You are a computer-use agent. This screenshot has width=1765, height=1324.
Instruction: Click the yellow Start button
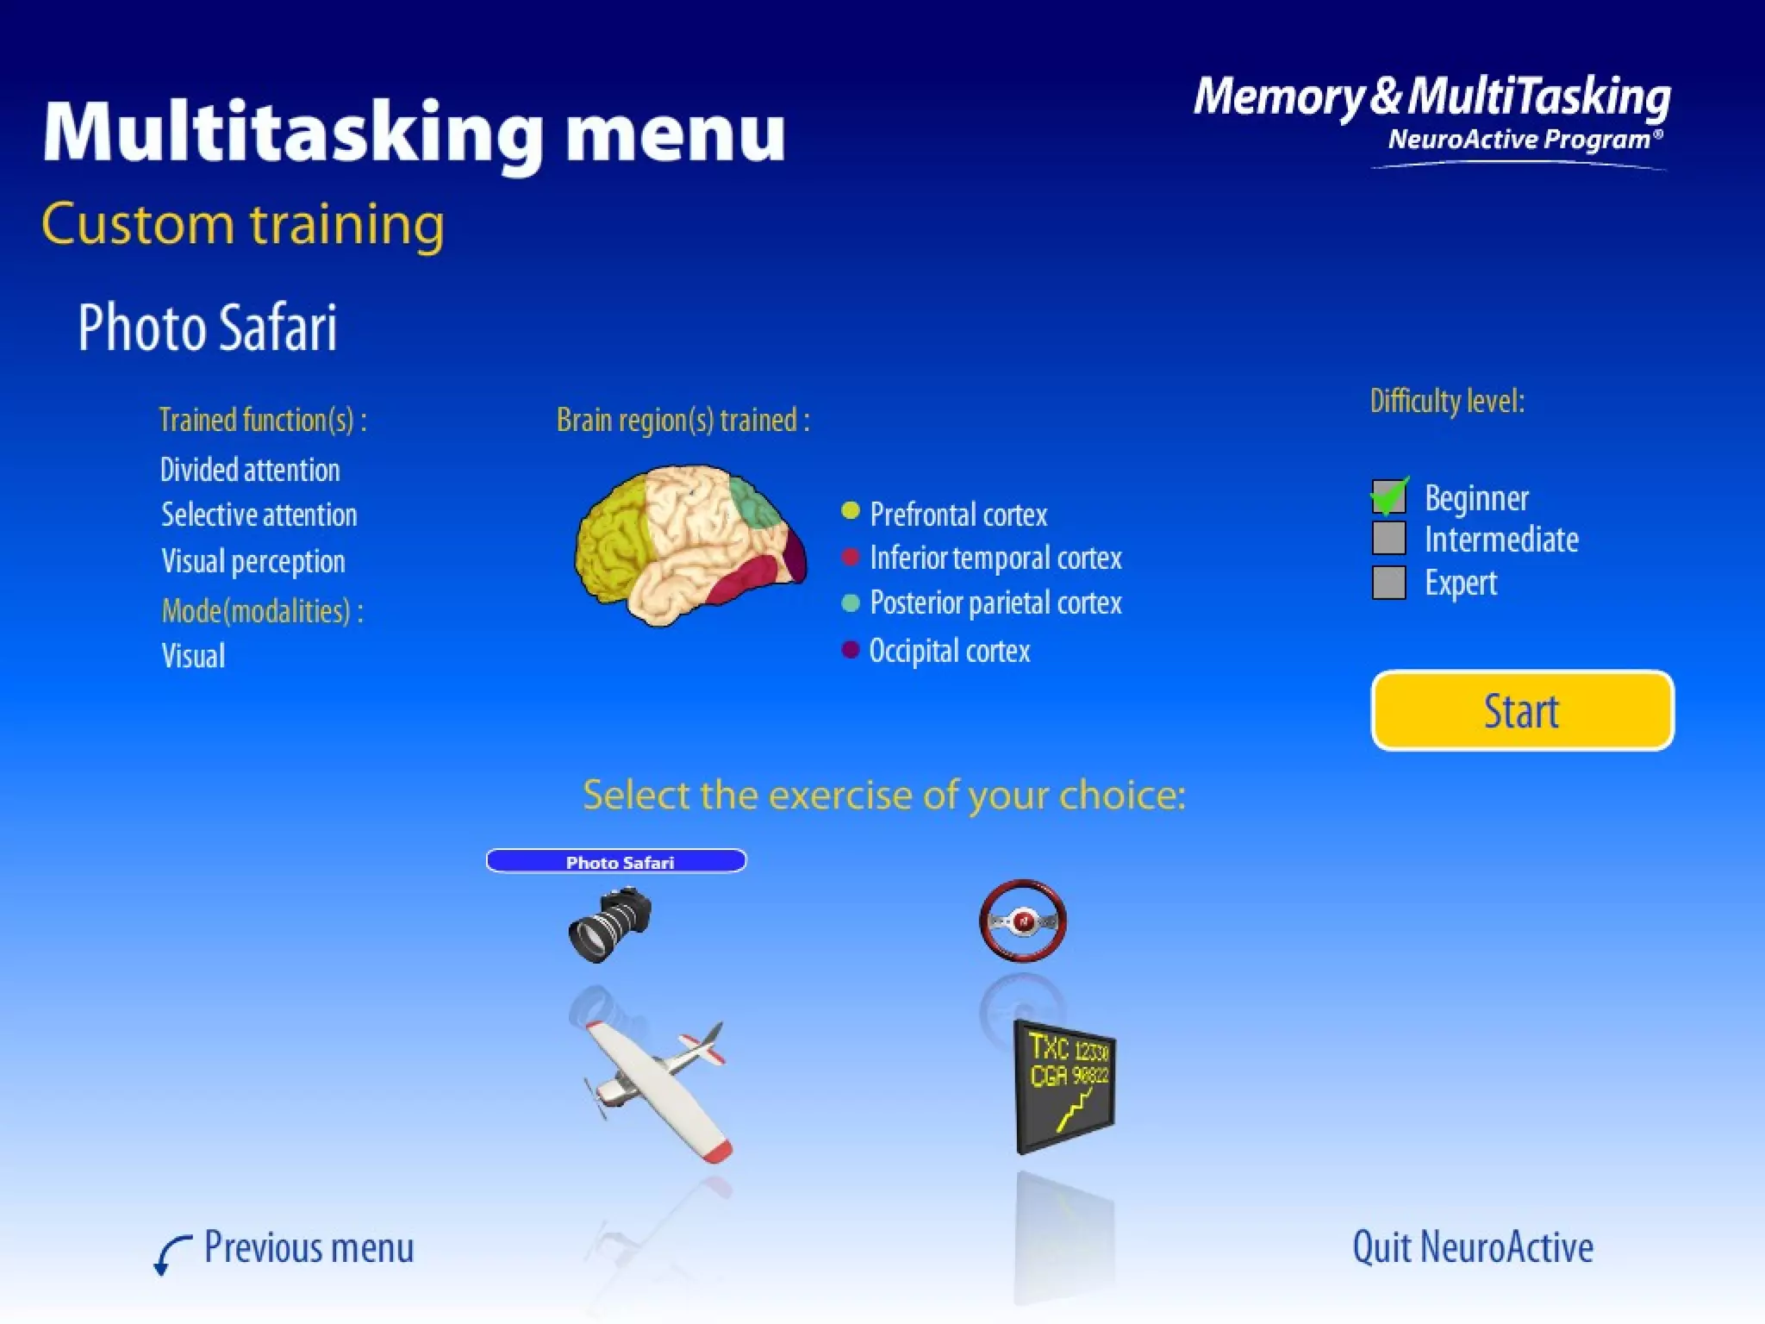coord(1522,710)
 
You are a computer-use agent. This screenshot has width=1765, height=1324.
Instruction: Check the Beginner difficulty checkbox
coord(1388,496)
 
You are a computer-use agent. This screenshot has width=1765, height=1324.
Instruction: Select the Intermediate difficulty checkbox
coord(1388,538)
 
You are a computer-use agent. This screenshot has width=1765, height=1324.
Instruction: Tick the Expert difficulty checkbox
coord(1388,582)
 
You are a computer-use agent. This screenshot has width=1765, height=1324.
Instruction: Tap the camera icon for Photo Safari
coord(609,925)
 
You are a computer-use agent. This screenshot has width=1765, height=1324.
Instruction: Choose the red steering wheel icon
coord(1023,920)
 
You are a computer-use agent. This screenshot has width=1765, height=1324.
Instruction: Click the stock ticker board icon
coord(1065,1086)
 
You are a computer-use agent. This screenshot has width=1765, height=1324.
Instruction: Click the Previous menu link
coord(308,1248)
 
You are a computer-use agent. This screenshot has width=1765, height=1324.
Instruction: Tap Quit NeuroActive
coord(1472,1247)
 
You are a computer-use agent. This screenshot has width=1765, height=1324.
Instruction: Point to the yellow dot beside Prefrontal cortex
coord(850,511)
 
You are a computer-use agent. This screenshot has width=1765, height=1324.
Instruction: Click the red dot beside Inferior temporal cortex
coord(850,557)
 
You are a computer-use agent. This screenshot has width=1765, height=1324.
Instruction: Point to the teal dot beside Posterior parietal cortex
coord(850,603)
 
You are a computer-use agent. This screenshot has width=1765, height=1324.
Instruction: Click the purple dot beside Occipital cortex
coord(850,649)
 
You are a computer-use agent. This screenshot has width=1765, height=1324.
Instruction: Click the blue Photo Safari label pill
coord(616,861)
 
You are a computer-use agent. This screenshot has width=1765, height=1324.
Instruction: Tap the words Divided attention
coord(250,470)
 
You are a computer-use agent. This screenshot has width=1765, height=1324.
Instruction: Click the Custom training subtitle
coord(243,224)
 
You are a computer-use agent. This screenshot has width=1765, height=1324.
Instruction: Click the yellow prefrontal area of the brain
coord(613,538)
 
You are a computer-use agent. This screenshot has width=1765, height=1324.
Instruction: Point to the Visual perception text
coord(253,561)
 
